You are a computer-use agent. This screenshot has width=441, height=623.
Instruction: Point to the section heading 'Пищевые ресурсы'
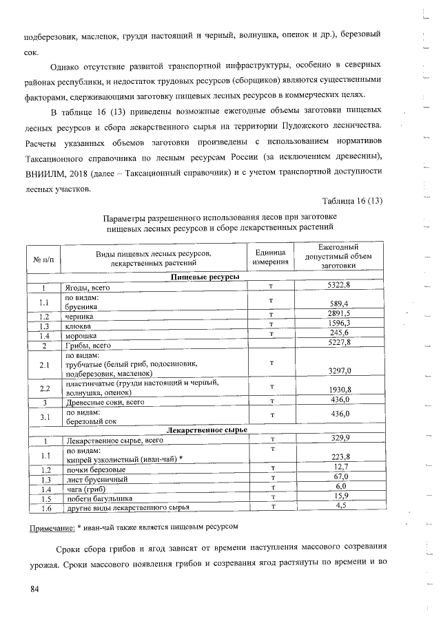point(204,276)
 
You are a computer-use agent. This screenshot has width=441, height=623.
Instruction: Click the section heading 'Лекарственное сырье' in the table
point(204,430)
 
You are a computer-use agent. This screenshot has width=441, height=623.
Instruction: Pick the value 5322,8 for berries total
point(338,285)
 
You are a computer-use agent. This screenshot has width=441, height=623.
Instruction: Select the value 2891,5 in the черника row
point(338,314)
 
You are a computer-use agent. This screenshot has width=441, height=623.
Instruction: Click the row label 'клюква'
point(79,325)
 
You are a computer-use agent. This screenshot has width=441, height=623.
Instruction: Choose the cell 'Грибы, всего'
point(88,344)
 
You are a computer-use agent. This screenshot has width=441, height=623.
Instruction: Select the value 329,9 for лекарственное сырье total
point(338,439)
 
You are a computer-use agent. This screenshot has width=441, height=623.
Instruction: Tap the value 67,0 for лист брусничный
point(338,478)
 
